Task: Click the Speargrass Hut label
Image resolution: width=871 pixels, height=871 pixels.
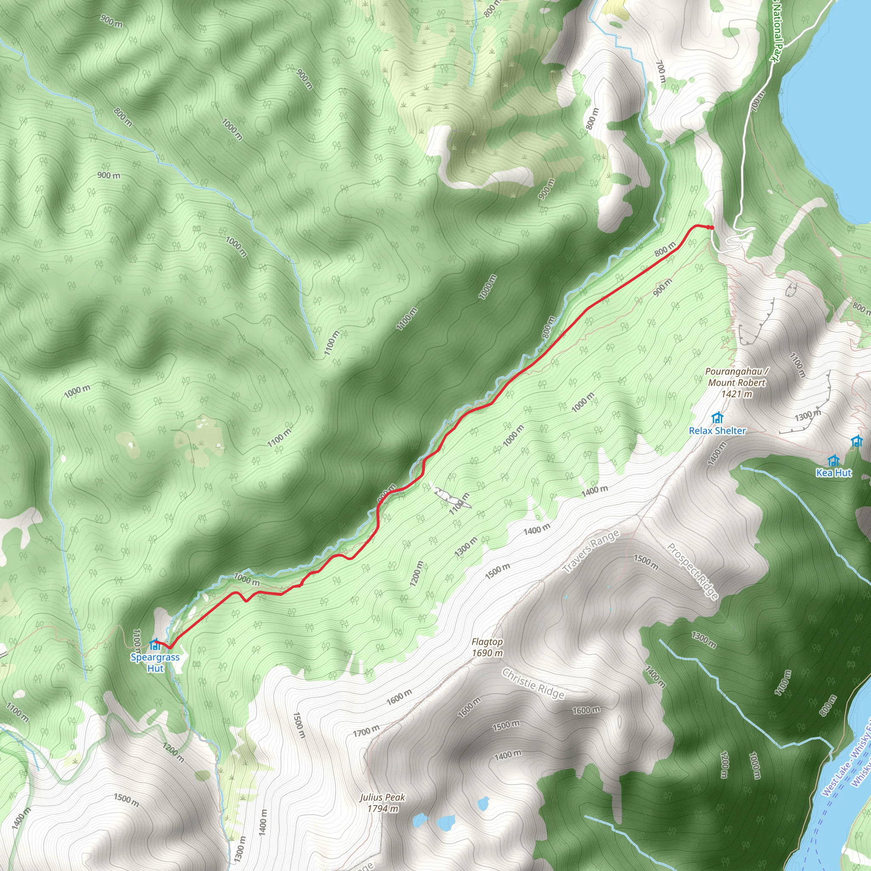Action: pos(155,662)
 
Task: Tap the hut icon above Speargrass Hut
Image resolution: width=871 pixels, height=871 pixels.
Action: pos(155,645)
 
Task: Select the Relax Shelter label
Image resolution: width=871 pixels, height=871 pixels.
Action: pos(717,430)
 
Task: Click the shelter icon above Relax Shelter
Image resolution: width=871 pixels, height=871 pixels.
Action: pos(717,418)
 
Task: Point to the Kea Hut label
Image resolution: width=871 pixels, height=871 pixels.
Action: pos(834,473)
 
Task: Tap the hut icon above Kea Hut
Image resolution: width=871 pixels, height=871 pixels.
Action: pos(834,460)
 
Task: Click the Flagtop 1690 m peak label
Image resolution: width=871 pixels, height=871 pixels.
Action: pos(487,647)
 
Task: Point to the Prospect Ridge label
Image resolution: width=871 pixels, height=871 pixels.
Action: pos(692,571)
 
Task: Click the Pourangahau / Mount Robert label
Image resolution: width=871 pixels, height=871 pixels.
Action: pos(737,377)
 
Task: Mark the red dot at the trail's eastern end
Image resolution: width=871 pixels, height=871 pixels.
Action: pos(712,227)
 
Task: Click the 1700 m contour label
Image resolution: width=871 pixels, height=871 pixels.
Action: pos(366,731)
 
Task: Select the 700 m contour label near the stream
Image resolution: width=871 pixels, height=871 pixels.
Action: pos(660,72)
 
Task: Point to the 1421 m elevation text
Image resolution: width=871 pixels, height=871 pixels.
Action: pos(737,394)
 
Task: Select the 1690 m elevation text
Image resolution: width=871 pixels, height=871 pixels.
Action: pos(487,653)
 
